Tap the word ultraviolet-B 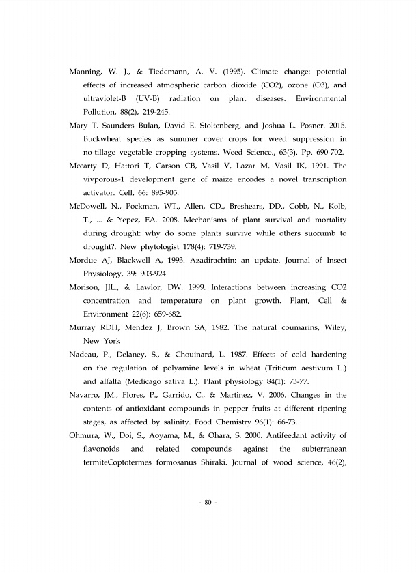pos(105,98)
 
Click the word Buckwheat pos(105,139)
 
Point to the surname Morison pos(87,287)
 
